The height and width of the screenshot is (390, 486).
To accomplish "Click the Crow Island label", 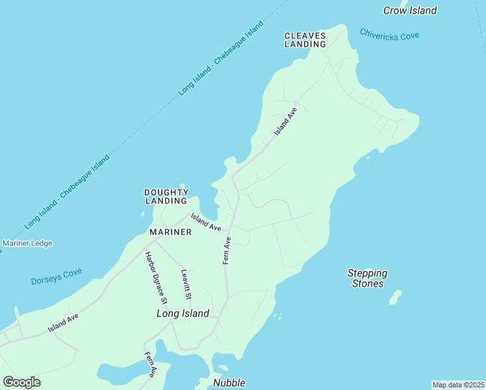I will (x=409, y=10).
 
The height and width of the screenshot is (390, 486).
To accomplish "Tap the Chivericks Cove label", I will (x=389, y=34).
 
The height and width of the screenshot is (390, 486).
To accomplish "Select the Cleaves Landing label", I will (x=305, y=40).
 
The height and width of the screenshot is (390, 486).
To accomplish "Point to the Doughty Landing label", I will (x=166, y=196).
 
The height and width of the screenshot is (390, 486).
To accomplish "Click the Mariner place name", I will (x=170, y=232).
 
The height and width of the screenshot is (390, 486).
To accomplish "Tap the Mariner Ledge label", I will (x=27, y=244).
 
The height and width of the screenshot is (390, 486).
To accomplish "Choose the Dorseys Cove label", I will (x=56, y=277).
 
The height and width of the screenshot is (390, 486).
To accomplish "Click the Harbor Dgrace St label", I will (x=157, y=278).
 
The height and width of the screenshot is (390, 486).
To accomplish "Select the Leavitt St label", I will (x=186, y=285).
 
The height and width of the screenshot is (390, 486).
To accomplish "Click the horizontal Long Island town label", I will (x=183, y=314).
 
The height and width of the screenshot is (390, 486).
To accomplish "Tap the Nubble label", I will (x=229, y=383).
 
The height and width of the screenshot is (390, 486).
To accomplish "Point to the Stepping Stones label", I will (x=367, y=278).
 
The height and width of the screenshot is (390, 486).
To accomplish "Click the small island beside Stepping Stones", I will (x=395, y=298).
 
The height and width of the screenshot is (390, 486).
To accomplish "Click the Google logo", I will (x=21, y=382).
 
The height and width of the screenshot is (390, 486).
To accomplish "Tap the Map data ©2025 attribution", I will (x=458, y=385).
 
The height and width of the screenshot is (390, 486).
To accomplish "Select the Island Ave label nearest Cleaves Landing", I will (x=285, y=121).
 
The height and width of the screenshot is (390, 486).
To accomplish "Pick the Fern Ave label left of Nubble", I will (x=150, y=364).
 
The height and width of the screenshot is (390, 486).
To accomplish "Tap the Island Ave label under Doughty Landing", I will (x=206, y=222).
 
